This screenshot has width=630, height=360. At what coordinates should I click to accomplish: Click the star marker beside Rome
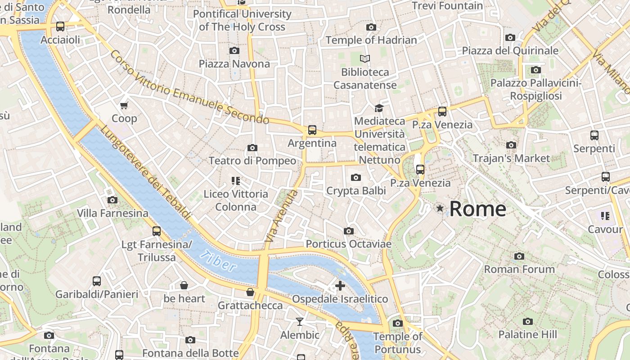[440, 208]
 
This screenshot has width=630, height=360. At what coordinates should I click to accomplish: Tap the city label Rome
[477, 209]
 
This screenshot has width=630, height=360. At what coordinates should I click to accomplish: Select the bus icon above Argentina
[312, 130]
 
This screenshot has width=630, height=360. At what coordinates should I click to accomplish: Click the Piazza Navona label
[234, 64]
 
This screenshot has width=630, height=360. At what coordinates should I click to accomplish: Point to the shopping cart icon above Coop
[124, 105]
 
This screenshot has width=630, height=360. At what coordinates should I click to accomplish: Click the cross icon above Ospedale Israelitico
[340, 286]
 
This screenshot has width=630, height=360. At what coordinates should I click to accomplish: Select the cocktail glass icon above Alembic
[300, 321]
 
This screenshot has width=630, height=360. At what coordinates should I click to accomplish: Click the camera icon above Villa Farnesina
[112, 200]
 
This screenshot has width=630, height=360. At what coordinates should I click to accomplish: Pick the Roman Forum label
[519, 270]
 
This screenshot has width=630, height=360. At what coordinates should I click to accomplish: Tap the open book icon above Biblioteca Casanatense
[365, 58]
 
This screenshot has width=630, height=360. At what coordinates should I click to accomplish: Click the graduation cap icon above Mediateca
[379, 108]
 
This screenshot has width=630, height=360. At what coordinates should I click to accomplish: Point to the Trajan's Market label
[511, 158]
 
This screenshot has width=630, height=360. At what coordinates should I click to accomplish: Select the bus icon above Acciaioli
[60, 27]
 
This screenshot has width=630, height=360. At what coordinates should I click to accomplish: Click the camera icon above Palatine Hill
[528, 321]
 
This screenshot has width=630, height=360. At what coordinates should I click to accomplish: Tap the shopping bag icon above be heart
[184, 285]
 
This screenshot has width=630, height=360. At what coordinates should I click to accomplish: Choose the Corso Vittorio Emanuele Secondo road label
[189, 88]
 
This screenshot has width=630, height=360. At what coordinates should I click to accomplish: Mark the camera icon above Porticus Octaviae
[348, 231]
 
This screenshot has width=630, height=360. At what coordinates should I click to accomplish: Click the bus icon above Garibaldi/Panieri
[97, 281]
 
